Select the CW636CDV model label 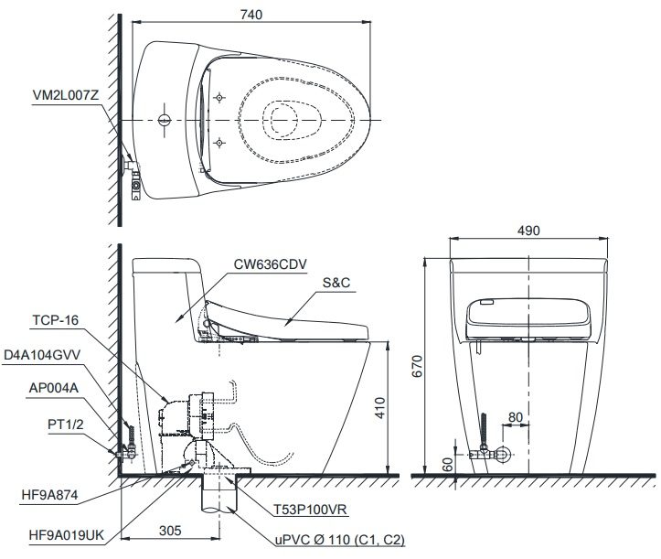click(x=266, y=263)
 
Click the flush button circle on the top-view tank click(x=165, y=121)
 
